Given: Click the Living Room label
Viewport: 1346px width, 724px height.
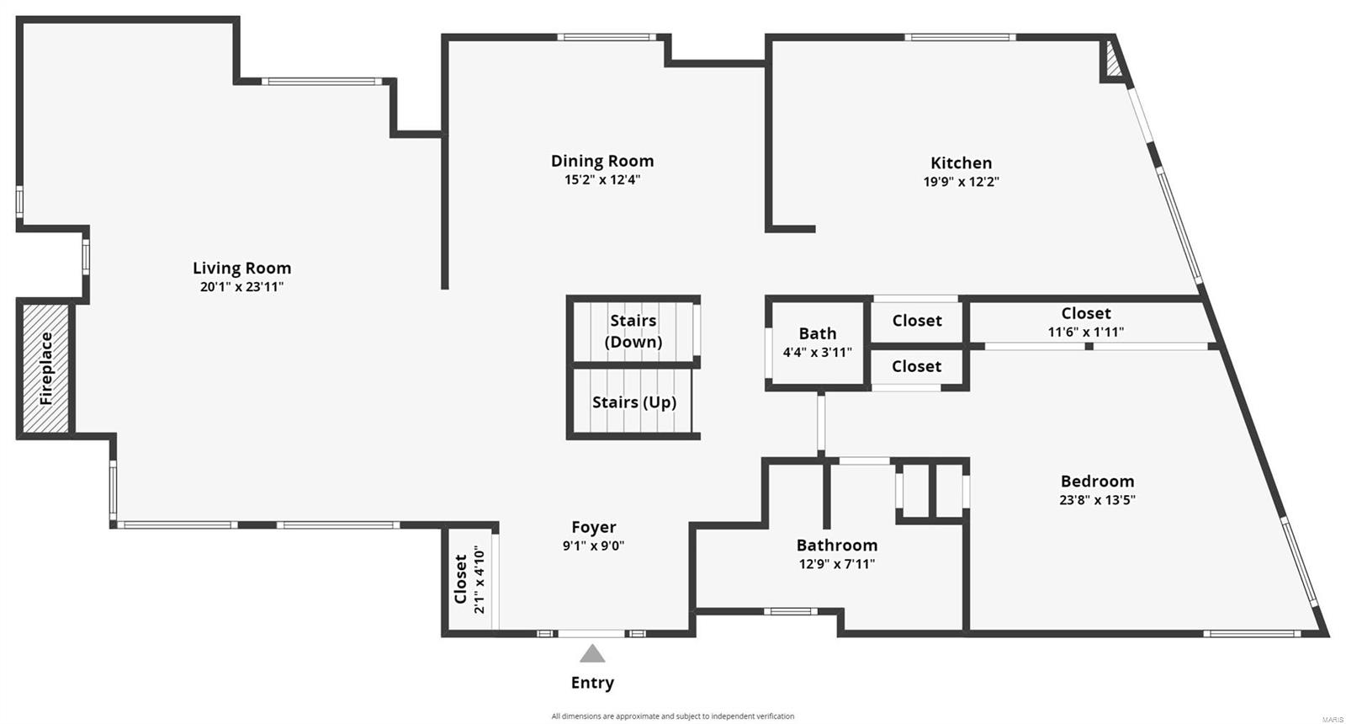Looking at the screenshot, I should (x=241, y=268).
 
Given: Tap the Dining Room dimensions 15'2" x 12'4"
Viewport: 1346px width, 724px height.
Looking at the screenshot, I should (x=602, y=179).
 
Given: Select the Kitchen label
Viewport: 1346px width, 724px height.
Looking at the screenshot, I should (x=961, y=162).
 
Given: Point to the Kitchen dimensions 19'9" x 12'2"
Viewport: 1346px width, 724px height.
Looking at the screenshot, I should (x=961, y=181).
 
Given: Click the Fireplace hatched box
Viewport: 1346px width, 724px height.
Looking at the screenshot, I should (x=45, y=368).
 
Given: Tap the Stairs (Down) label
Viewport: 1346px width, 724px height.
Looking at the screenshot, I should (x=633, y=331).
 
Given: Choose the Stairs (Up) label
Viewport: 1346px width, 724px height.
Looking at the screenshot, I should (x=633, y=402).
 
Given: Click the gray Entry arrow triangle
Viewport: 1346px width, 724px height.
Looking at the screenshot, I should (x=592, y=653).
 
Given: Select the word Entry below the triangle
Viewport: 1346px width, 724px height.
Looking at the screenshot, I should (x=592, y=683).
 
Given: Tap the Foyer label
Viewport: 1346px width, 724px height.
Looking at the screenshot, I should (x=594, y=527).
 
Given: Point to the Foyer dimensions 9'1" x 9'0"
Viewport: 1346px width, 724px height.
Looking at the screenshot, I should (x=594, y=546).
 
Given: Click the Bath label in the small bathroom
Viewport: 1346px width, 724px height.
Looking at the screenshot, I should (x=818, y=333).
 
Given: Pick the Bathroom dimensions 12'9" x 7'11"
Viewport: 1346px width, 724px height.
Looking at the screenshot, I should (x=837, y=564).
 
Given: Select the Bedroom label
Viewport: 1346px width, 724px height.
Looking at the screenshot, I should (x=1097, y=481).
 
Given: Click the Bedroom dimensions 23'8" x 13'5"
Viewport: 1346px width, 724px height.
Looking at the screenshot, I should (x=1097, y=499).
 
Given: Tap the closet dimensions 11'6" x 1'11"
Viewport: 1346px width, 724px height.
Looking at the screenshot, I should (x=1085, y=332).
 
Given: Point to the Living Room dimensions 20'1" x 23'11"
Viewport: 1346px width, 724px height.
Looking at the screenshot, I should (x=241, y=286).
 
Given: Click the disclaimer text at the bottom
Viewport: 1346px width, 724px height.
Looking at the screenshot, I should (x=673, y=716).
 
